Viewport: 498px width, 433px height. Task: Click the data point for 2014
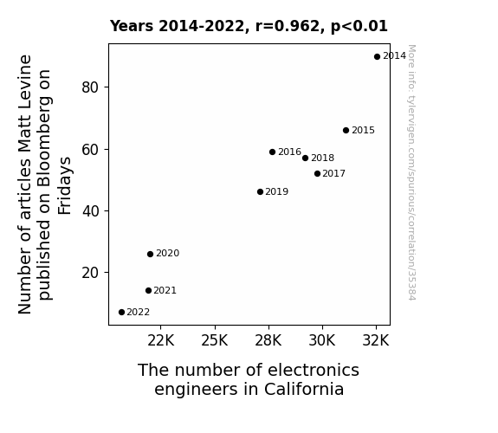pyautogui.click(x=377, y=57)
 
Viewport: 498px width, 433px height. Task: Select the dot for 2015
pyautogui.click(x=346, y=130)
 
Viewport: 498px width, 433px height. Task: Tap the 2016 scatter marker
pyautogui.click(x=272, y=152)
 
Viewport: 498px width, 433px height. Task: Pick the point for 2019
pyautogui.click(x=260, y=192)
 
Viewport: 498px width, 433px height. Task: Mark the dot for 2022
pyautogui.click(x=121, y=313)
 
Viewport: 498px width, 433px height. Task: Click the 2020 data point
pyautogui.click(x=150, y=254)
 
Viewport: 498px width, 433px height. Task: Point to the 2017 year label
pyautogui.click(x=333, y=173)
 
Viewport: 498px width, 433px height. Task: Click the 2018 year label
pyautogui.click(x=322, y=158)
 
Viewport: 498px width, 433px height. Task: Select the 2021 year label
pyautogui.click(x=165, y=290)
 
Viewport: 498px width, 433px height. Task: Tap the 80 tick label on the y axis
pyautogui.click(x=90, y=87)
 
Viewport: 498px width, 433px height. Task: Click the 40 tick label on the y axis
pyautogui.click(x=90, y=211)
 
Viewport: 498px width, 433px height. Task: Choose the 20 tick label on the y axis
pyautogui.click(x=90, y=273)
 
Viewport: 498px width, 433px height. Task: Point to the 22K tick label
pyautogui.click(x=161, y=340)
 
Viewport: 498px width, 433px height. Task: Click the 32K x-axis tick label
pyautogui.click(x=376, y=340)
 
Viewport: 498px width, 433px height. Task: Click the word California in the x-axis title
pyautogui.click(x=304, y=389)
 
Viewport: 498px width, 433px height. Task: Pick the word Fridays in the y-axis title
pyautogui.click(x=65, y=185)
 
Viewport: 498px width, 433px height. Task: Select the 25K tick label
pyautogui.click(x=215, y=340)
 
